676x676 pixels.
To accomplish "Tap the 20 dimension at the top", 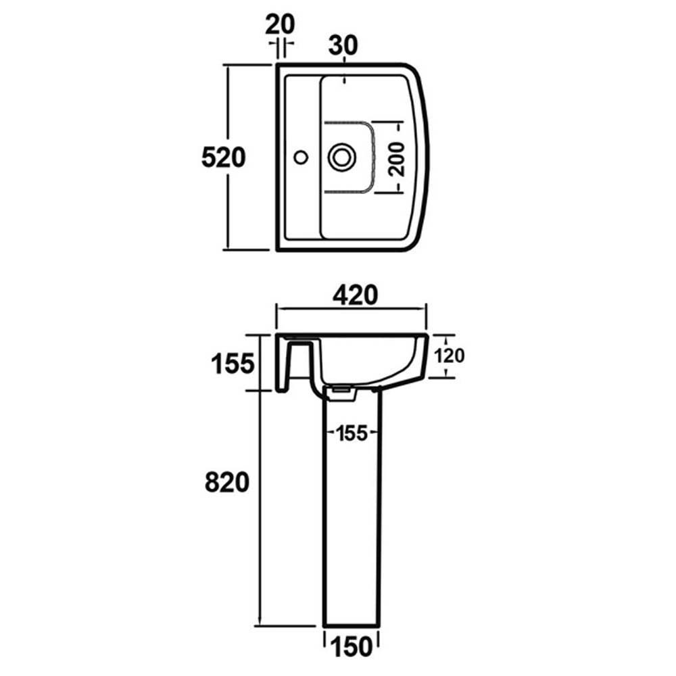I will (x=280, y=24).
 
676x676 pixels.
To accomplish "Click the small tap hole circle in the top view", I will (x=301, y=158).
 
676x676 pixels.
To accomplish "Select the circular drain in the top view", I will (x=342, y=157).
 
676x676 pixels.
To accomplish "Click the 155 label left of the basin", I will (x=232, y=364).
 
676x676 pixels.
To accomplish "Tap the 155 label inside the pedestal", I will (x=351, y=433).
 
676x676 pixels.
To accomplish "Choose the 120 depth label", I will (x=450, y=356).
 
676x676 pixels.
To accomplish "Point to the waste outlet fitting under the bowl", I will (x=343, y=391).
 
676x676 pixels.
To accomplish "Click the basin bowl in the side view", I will (x=365, y=358).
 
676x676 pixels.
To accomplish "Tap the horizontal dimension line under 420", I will (x=351, y=309).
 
